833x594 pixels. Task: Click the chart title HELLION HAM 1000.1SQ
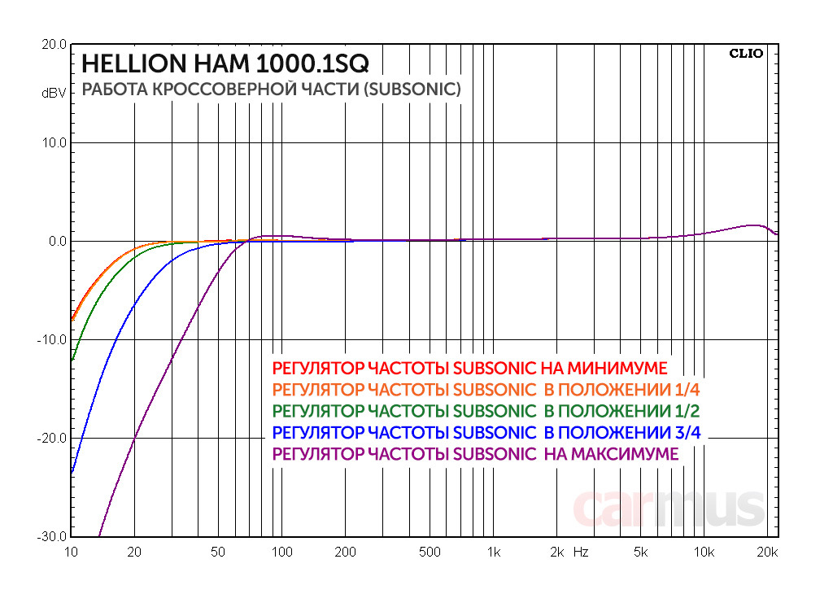pos(226,63)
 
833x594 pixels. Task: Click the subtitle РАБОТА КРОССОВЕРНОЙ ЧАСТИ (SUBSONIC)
pos(272,90)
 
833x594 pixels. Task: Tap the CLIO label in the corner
pos(746,54)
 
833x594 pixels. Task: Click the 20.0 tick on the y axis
pos(54,45)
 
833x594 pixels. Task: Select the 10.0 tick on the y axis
pos(54,143)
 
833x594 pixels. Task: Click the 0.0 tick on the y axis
pos(57,242)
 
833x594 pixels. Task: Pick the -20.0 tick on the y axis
pos(52,439)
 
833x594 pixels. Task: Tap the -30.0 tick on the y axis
pos(52,537)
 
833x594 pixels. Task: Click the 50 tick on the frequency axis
pos(217,553)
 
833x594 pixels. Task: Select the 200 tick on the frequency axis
pos(345,553)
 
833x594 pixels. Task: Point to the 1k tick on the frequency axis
pos(493,553)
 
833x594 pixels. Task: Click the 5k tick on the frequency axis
pos(641,553)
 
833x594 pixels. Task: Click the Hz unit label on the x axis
pos(581,553)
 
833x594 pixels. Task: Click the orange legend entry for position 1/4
pos(486,388)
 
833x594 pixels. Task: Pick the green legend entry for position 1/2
pos(486,410)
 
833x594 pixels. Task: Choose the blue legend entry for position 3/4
pos(486,432)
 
